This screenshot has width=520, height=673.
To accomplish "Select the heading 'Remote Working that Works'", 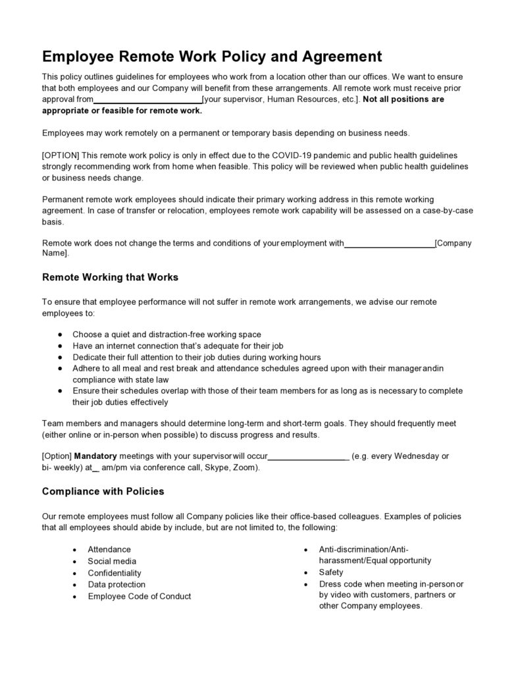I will coord(110,277).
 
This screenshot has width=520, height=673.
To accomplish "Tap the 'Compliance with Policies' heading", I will coord(103,491).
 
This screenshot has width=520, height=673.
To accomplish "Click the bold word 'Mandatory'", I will coord(95,456).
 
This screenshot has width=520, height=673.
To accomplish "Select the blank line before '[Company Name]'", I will coord(389,244).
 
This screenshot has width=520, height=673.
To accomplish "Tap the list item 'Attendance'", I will coord(109,549).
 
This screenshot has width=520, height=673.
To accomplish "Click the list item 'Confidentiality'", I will coord(115,573).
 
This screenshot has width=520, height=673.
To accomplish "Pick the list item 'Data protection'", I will coord(117,584).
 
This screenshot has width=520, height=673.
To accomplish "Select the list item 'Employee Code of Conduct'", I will coord(140,596).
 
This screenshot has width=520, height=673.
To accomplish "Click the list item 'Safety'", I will coord(331,572).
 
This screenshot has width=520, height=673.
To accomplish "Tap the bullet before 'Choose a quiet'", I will coord(61,335).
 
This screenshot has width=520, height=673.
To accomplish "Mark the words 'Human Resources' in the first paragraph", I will coord(300,99).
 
